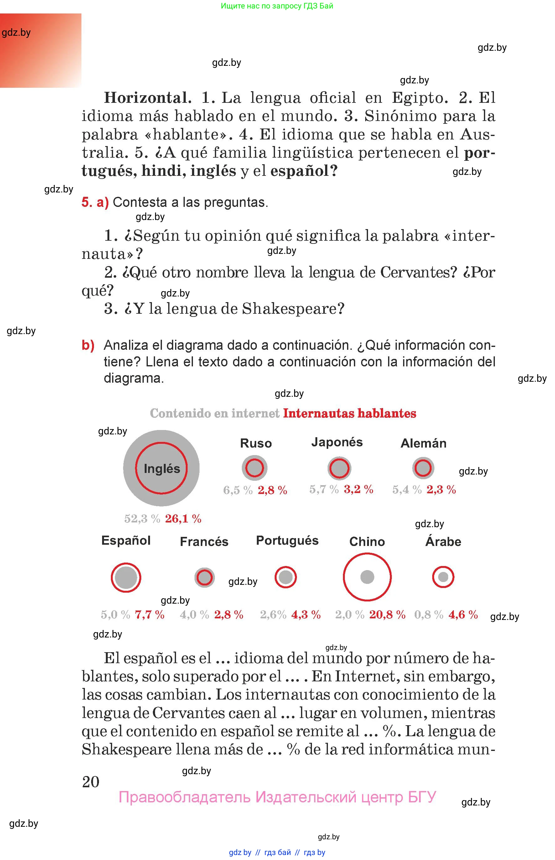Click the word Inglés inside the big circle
point(162,469)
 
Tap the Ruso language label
point(256,443)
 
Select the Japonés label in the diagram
point(337,442)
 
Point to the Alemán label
point(423,443)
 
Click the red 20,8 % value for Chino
point(387,614)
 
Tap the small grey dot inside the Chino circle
point(367,577)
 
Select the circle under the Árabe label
point(443,577)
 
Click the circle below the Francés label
point(204,577)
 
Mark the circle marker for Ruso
point(254,468)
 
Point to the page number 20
point(91,782)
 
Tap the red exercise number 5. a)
point(95,202)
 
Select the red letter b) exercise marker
point(88,345)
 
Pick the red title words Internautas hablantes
point(350,413)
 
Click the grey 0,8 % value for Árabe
point(428,614)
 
